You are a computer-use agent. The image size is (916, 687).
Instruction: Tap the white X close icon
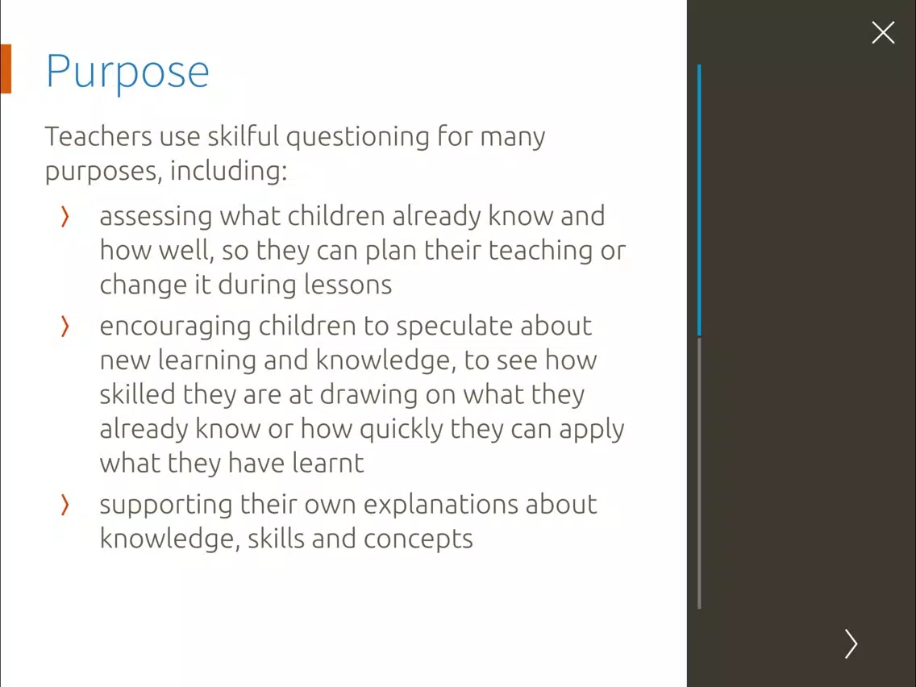[x=883, y=33]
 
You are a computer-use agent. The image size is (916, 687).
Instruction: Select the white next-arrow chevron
[x=851, y=643]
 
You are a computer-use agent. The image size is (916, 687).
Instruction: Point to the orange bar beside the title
[x=6, y=69]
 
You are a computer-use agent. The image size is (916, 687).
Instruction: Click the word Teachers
[x=98, y=136]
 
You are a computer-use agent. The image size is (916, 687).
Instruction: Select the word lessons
[x=348, y=285]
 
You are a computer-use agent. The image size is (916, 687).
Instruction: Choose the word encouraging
[x=175, y=327]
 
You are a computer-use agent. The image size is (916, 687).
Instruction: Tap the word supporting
[x=166, y=506]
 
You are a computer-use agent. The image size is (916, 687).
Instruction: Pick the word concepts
[x=418, y=539]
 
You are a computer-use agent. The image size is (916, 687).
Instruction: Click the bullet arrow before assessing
[x=65, y=217]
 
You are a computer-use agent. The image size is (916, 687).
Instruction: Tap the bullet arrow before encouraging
[x=65, y=327]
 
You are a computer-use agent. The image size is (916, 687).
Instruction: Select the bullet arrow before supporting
[x=65, y=506]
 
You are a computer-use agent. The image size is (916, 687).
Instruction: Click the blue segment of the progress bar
[x=699, y=200]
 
